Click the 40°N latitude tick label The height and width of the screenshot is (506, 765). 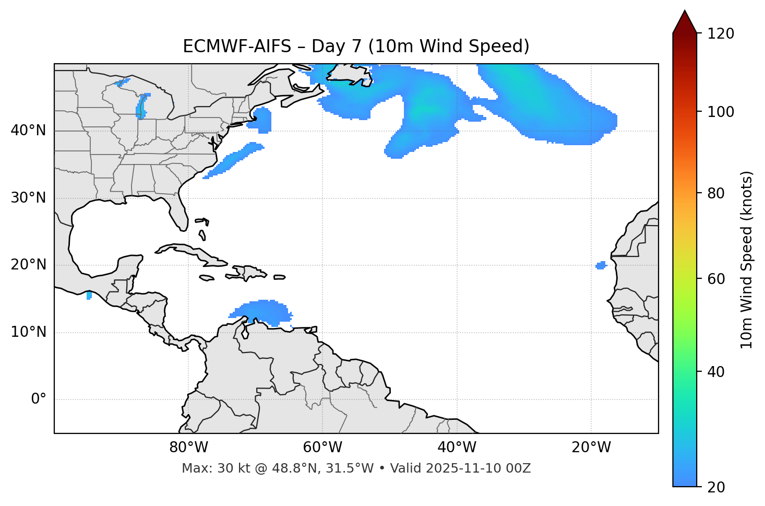pyautogui.click(x=28, y=131)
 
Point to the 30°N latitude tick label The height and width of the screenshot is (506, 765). pyautogui.click(x=28, y=198)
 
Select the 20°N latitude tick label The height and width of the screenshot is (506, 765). pyautogui.click(x=28, y=265)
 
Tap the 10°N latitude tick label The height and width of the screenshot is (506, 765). pyautogui.click(x=28, y=332)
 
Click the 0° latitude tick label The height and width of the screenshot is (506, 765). pyautogui.click(x=39, y=399)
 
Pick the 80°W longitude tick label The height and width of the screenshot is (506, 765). pyautogui.click(x=188, y=448)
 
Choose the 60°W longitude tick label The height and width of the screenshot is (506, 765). pyautogui.click(x=322, y=448)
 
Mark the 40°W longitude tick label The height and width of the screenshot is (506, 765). pyautogui.click(x=457, y=448)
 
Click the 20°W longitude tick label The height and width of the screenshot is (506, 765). pyautogui.click(x=591, y=448)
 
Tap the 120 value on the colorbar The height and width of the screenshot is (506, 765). pyautogui.click(x=721, y=34)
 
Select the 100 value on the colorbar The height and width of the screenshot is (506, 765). pyautogui.click(x=721, y=112)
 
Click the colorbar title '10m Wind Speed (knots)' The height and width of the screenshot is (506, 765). pyautogui.click(x=747, y=260)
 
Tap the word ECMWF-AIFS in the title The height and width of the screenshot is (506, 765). pyautogui.click(x=237, y=46)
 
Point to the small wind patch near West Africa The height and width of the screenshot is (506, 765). pyautogui.click(x=601, y=266)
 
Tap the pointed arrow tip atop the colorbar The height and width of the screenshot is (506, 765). pyautogui.click(x=685, y=13)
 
